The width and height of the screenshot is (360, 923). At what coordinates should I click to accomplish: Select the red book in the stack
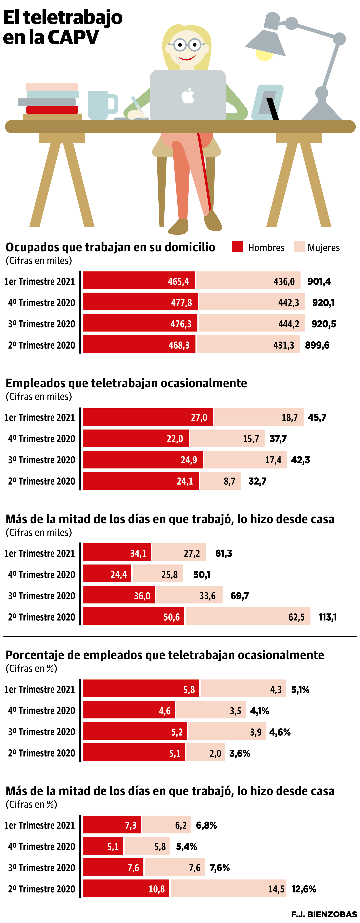(52, 110)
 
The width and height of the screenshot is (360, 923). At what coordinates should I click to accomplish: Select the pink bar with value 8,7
(220, 481)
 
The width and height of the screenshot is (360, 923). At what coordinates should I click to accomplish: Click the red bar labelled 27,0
(148, 417)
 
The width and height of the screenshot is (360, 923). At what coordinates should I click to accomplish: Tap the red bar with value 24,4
(107, 574)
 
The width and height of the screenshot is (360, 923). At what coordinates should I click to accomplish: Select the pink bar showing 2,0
(206, 753)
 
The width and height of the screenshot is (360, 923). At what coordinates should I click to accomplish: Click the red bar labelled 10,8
(126, 889)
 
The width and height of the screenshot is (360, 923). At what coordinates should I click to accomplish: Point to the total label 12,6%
(303, 889)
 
